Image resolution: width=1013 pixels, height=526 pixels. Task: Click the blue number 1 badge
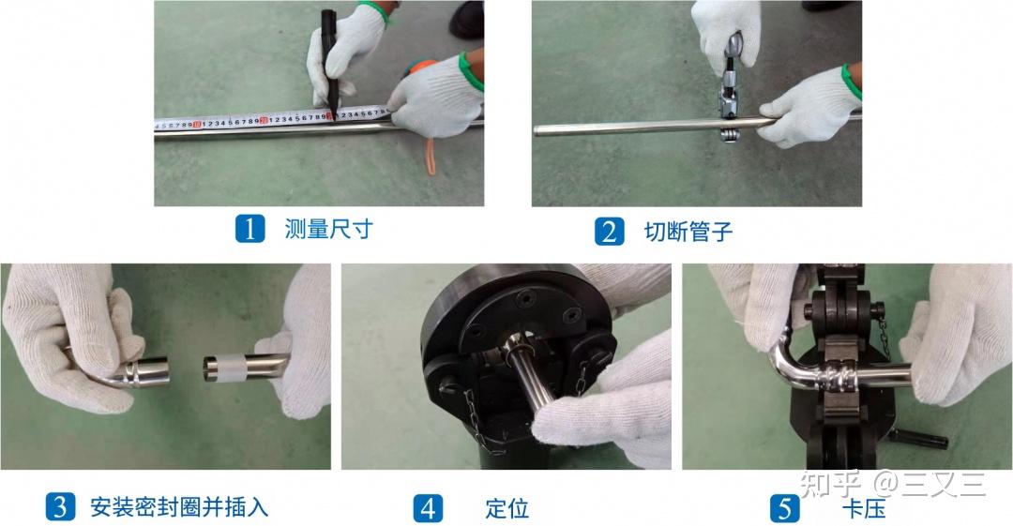point(249,230)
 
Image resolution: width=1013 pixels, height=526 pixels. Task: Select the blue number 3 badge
point(60,507)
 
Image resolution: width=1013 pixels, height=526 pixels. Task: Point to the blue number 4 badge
point(428,508)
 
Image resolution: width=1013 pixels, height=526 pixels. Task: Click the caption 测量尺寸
point(328,230)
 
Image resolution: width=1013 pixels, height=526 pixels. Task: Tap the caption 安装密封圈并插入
point(179,507)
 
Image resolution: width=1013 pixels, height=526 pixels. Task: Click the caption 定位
point(506,508)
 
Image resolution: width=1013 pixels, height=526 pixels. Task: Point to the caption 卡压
point(864,508)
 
